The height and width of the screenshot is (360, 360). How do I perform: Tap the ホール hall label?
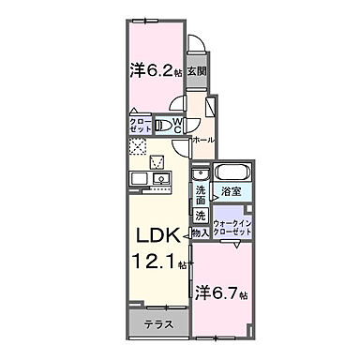point(203,140)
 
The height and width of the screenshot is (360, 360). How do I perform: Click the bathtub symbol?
point(229,174)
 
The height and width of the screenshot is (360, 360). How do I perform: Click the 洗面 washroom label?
point(201,195)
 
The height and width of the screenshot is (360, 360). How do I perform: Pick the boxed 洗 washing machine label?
point(201,215)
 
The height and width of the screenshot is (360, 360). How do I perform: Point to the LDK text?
point(148,234)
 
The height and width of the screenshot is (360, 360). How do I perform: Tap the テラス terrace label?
point(155,325)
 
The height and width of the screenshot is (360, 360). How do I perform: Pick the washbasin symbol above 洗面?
point(200,174)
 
